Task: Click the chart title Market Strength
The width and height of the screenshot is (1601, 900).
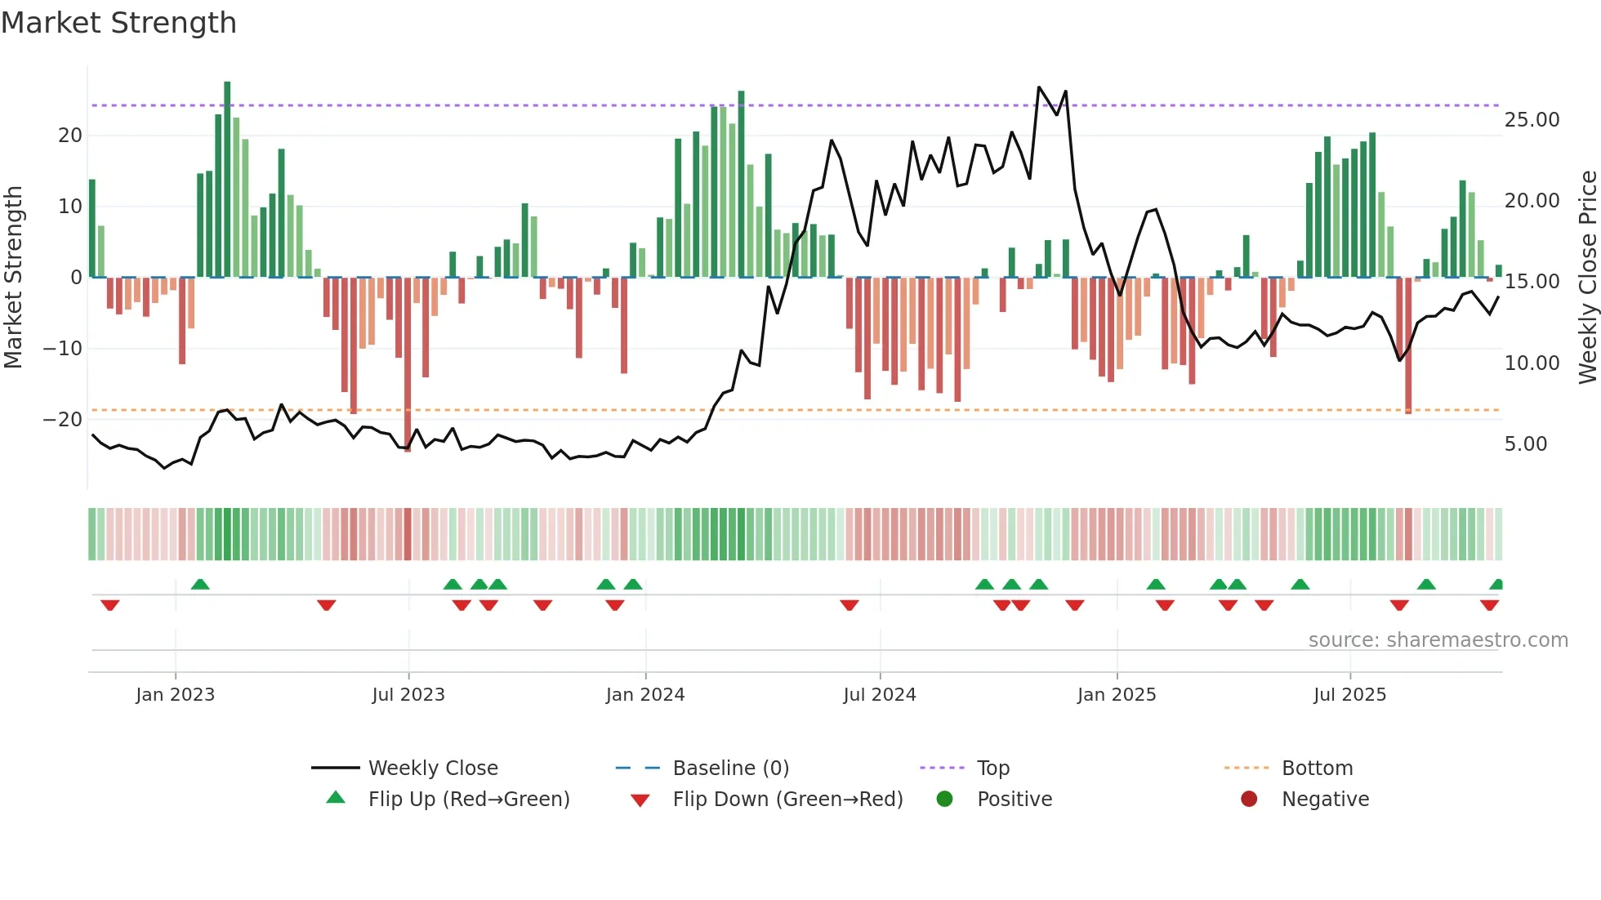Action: point(119,23)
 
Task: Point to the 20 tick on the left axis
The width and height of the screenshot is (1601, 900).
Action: point(70,136)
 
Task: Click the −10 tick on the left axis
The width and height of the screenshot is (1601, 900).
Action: point(63,349)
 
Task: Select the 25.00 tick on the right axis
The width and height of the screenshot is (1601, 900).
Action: point(1532,120)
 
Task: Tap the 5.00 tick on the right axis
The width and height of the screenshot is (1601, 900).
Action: point(1526,444)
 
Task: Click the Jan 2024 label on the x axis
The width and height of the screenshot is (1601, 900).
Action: point(644,695)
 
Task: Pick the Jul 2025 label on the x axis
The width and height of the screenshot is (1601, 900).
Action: point(1349,695)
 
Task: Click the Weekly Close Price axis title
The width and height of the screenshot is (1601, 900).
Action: point(1587,278)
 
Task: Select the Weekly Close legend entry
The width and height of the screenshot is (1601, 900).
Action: point(432,769)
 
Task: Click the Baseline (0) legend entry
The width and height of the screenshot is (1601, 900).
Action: point(730,769)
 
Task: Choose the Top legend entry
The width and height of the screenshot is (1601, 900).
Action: point(992,769)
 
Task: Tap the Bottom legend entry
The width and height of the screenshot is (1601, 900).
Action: point(1317,769)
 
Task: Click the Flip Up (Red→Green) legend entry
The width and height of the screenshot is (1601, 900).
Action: point(468,800)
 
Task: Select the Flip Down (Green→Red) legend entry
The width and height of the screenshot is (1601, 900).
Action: point(787,800)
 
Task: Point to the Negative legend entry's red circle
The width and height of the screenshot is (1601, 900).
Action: point(1249,800)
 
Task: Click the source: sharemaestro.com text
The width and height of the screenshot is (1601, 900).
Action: point(1438,640)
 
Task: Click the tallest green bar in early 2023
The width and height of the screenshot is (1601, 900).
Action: point(227,180)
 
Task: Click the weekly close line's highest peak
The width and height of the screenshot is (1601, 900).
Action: point(1039,87)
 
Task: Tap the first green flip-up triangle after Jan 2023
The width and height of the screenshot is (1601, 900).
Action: point(200,584)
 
